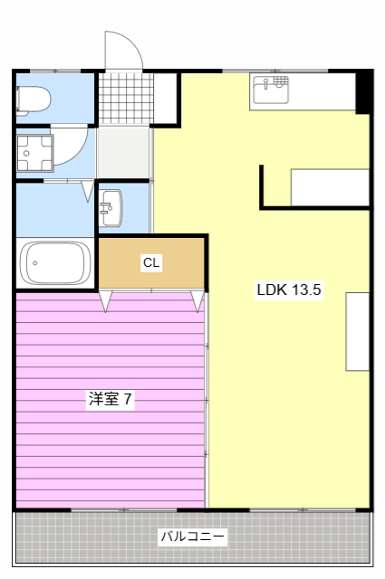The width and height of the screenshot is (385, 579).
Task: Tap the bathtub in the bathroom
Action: [54, 262]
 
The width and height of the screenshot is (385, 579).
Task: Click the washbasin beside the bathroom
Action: [111, 208]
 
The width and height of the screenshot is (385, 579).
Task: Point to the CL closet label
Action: [151, 263]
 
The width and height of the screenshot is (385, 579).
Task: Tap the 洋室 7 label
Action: [111, 398]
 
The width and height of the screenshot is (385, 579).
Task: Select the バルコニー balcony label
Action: [193, 536]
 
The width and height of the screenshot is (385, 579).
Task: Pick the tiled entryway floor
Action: [124, 98]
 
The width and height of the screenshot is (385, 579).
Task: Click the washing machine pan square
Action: [35, 153]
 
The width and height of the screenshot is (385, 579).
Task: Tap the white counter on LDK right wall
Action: [358, 331]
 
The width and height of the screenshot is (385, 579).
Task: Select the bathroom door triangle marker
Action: [87, 191]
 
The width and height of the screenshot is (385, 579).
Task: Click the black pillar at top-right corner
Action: [363, 91]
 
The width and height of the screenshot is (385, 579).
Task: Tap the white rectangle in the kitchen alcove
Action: [330, 187]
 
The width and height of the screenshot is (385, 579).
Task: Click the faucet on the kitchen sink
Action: [266, 84]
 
